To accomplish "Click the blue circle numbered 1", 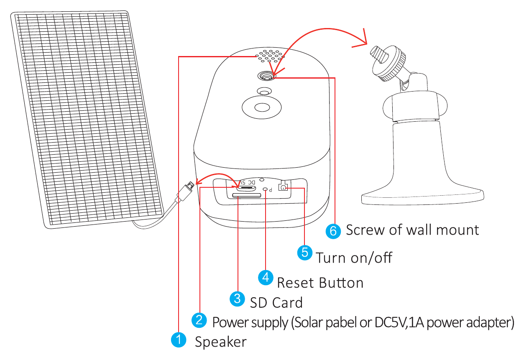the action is pos(179,340).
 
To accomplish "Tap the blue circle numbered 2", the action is pos(199,320).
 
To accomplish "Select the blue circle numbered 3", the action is pos(237,299).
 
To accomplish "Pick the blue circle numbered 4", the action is pos(266,278).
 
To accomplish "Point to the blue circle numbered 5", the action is pos(305,253).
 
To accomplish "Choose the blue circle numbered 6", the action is pos(333,231).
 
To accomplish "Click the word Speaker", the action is pos(220,342).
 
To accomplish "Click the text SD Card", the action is pos(276,303).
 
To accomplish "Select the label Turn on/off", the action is pos(354,258).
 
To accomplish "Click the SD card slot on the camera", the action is pos(247,195).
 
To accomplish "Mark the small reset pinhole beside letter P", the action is pos(266,189).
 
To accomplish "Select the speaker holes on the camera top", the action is pos(270,56).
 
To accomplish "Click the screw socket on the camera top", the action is pos(266,76).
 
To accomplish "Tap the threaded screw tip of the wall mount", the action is pos(379,54).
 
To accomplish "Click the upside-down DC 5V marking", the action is pos(247,182).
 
